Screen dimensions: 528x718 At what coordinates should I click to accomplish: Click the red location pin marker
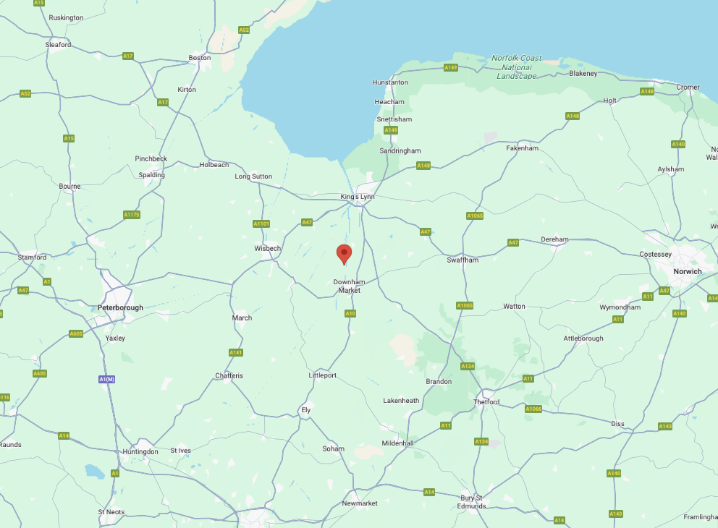tap(345, 254)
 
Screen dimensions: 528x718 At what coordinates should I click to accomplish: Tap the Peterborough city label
tap(120, 307)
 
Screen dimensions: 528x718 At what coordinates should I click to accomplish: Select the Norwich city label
tap(687, 271)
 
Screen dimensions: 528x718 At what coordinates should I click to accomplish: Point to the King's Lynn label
tap(358, 197)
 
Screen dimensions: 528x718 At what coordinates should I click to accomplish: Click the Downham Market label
tap(349, 286)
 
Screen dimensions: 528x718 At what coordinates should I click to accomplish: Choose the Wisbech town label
tap(267, 248)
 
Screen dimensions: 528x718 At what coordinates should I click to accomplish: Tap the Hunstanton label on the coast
tap(390, 82)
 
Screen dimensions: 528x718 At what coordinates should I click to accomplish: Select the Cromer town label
tap(688, 88)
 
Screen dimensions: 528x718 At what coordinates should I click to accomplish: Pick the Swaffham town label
tap(463, 260)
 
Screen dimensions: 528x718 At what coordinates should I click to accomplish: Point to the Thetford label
tap(486, 402)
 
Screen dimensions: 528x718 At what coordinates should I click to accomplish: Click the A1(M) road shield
tap(106, 379)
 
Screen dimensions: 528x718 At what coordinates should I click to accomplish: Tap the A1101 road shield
tap(261, 223)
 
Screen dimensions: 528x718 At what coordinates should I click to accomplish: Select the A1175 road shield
tap(131, 215)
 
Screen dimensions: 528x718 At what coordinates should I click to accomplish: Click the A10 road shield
tap(350, 313)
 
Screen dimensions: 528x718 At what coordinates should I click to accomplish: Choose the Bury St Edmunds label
tap(471, 501)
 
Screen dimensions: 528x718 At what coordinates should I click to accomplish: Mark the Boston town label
tap(200, 58)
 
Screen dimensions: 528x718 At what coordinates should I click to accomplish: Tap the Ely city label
tap(305, 410)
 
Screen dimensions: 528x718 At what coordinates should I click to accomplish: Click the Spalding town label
tap(152, 175)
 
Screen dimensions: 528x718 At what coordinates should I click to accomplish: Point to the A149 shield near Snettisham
tap(391, 130)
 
